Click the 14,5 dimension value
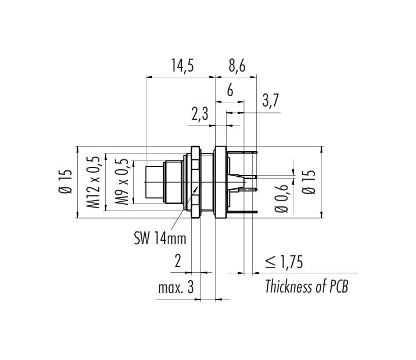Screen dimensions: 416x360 click(182, 66)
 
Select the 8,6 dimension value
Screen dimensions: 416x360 click(237, 66)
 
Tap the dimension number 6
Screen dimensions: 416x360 click(230, 90)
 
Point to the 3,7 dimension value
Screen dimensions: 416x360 click(271, 101)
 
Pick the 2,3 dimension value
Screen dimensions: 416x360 click(200, 115)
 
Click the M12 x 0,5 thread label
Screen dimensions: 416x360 click(94, 183)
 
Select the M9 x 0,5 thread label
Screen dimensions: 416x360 click(122, 182)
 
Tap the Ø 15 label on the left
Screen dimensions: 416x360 click(65, 181)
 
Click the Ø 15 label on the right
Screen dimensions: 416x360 click(309, 182)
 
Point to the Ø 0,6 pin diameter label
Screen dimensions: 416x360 click(281, 198)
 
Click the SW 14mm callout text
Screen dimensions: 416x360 click(160, 238)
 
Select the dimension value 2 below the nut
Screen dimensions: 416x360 click(178, 261)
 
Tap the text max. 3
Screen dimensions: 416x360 click(176, 287)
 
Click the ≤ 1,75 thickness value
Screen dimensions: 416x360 click(284, 262)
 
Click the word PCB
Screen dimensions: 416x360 click(339, 287)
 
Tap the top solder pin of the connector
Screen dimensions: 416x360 click(242, 152)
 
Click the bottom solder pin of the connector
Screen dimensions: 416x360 click(242, 212)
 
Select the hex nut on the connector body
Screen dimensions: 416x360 click(195, 182)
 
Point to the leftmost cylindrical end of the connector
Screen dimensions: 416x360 click(155, 182)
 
